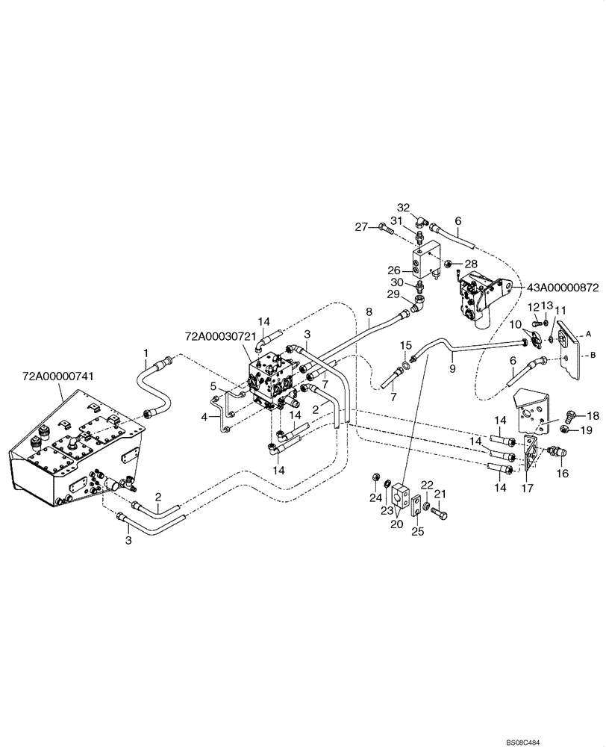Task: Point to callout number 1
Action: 146,353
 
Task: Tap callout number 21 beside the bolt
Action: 440,494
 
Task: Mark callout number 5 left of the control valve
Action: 213,385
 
